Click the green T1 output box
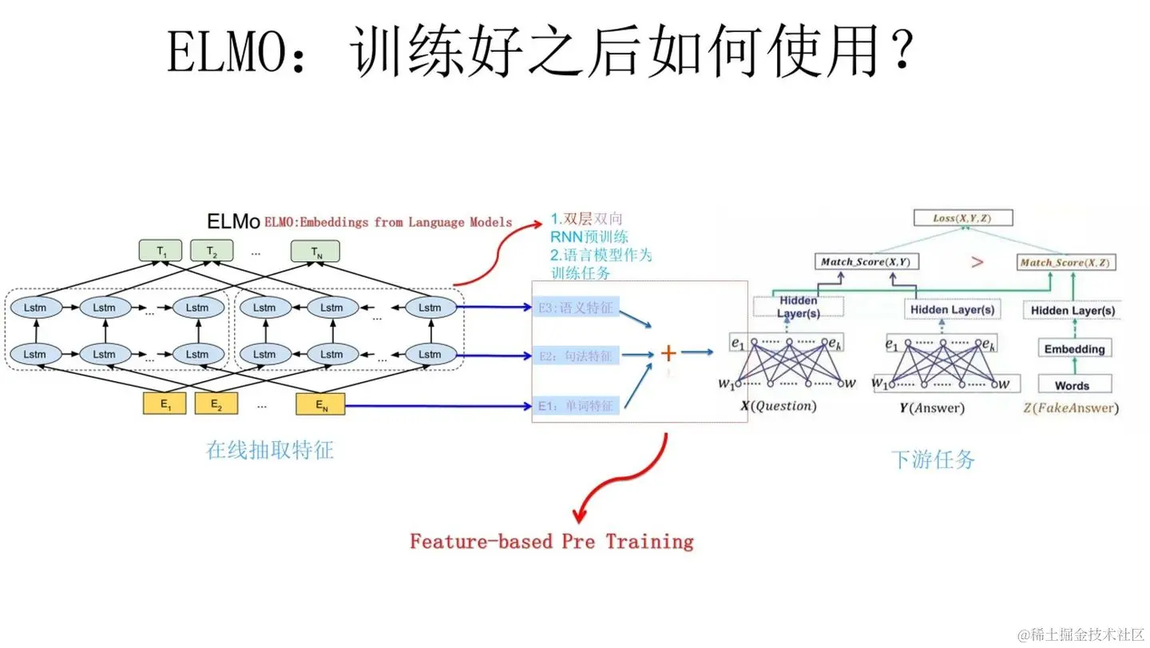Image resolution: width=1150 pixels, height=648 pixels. click(161, 252)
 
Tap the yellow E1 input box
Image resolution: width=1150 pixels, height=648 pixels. click(165, 404)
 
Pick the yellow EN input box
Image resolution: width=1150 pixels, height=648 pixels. click(321, 404)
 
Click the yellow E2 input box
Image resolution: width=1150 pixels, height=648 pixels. click(216, 404)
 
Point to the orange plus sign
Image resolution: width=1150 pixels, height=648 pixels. click(668, 352)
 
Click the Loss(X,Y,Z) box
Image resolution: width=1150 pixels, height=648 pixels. click(962, 217)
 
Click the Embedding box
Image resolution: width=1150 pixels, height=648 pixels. click(1074, 348)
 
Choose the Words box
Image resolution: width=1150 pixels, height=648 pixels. click(1072, 385)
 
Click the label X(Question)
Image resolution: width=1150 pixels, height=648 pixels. click(779, 407)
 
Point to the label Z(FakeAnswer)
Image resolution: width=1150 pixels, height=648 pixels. click(1071, 408)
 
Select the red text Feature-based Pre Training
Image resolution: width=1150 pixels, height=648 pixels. click(552, 542)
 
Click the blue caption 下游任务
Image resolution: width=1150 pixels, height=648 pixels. click(933, 459)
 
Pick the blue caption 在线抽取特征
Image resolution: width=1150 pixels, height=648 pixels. click(270, 450)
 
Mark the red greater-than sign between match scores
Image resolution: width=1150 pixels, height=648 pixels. click(977, 261)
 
